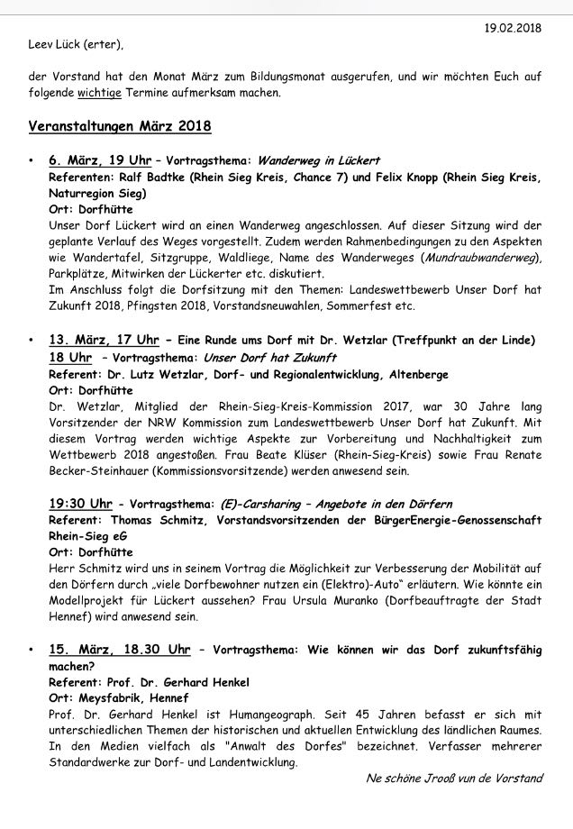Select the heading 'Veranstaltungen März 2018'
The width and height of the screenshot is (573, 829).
(120, 125)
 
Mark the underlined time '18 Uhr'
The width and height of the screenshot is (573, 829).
(70, 357)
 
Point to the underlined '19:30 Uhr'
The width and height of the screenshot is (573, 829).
(80, 503)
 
